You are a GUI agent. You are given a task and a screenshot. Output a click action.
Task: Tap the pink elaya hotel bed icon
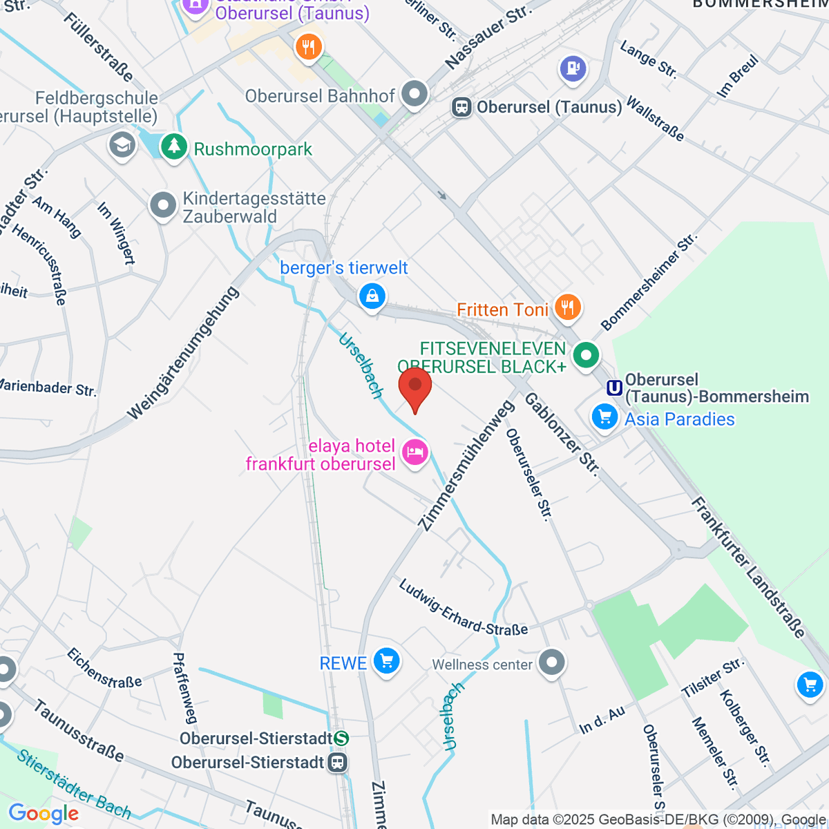(415, 454)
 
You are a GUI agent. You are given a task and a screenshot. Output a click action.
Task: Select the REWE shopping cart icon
(386, 662)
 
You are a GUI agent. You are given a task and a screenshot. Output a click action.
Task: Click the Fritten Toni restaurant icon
(568, 307)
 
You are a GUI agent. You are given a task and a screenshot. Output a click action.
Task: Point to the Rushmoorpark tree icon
(174, 146)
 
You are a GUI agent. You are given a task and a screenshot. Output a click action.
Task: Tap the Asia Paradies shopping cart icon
(604, 417)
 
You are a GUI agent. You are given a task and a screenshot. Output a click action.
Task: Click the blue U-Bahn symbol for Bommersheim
(614, 388)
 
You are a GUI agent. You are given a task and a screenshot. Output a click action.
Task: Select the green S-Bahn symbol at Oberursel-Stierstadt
(341, 739)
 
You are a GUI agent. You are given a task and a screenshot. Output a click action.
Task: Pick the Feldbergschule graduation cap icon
(122, 144)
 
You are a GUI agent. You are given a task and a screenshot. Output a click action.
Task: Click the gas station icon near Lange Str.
(573, 68)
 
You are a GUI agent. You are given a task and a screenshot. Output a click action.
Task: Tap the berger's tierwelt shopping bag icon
(372, 296)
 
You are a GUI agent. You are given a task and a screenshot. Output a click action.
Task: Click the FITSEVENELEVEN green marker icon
(587, 356)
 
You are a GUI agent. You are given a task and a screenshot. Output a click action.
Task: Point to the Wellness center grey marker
(551, 663)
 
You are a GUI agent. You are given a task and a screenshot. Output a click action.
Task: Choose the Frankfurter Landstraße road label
(748, 566)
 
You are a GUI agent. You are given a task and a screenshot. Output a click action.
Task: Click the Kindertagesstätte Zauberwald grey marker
(164, 205)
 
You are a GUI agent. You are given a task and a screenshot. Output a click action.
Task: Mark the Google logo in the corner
(44, 814)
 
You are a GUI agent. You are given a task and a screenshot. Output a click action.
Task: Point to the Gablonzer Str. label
(562, 433)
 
